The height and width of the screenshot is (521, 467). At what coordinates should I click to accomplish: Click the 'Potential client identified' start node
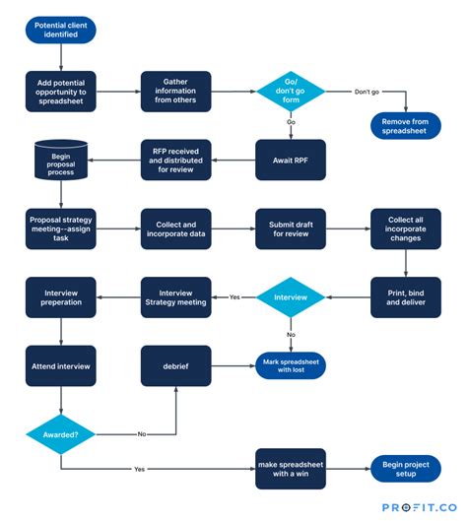(60, 30)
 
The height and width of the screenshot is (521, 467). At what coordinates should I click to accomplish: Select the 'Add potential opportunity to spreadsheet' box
(60, 92)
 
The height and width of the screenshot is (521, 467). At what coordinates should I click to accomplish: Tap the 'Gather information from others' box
(175, 92)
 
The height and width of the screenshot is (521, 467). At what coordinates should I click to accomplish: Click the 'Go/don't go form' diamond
(291, 92)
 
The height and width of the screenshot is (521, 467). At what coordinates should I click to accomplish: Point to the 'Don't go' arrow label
(365, 92)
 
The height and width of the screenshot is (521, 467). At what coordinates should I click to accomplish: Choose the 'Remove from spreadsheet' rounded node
(406, 125)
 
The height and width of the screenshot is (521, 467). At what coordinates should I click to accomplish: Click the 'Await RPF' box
(291, 160)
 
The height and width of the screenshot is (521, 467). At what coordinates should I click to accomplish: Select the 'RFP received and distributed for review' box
(175, 160)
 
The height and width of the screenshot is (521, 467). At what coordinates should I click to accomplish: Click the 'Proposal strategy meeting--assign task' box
(60, 228)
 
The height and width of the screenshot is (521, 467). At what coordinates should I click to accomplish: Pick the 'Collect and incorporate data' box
(175, 228)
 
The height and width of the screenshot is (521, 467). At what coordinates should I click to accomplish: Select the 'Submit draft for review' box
(291, 228)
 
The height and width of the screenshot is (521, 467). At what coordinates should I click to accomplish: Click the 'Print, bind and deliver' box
(406, 296)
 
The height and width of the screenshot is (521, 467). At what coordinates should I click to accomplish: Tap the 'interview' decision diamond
(291, 296)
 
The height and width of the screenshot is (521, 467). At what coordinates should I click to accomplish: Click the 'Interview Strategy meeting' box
(175, 296)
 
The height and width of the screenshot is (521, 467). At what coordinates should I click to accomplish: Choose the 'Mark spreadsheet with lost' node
(291, 365)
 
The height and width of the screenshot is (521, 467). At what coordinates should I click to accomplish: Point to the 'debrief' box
(175, 365)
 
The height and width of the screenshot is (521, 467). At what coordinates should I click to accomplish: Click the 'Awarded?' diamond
(60, 431)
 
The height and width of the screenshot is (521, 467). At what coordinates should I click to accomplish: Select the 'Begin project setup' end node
(406, 469)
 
